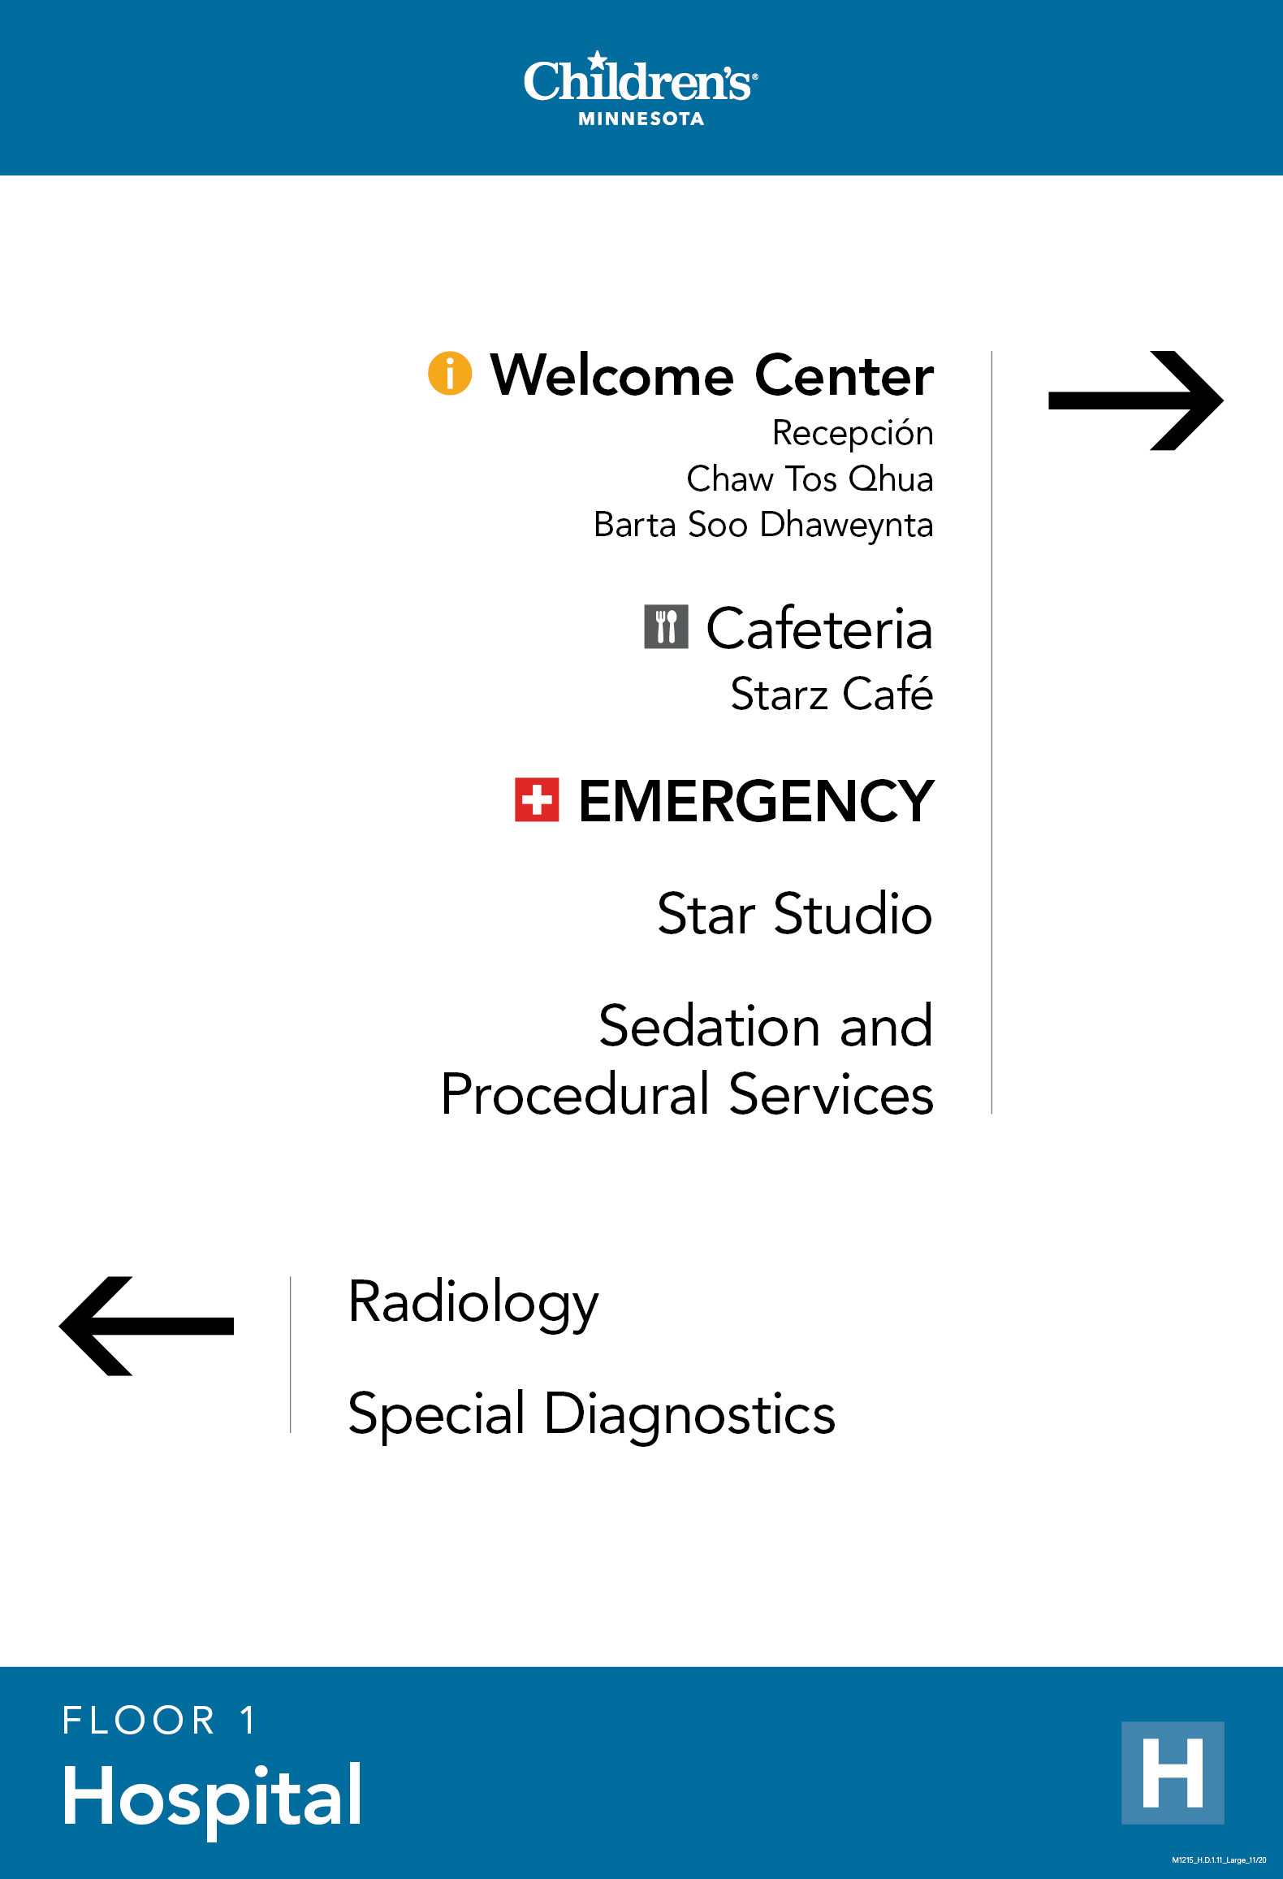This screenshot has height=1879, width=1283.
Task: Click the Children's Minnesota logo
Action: click(641, 89)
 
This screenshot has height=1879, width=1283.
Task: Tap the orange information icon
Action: click(450, 373)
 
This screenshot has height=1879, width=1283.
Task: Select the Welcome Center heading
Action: click(711, 375)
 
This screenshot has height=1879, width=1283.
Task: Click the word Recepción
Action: click(852, 433)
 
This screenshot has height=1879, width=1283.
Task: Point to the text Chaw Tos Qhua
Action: click(810, 479)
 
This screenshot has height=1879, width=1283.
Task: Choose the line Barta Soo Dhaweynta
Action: click(763, 526)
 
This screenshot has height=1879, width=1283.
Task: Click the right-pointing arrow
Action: click(1135, 400)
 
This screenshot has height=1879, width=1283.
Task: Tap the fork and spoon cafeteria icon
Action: click(666, 627)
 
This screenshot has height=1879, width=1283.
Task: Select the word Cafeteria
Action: click(819, 629)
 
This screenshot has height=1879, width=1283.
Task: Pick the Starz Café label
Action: click(832, 695)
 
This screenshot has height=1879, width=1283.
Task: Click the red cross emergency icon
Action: click(537, 800)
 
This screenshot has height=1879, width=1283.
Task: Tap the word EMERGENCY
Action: click(756, 802)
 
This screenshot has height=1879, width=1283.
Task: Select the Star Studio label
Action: click(794, 914)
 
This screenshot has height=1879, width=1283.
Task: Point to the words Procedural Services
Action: click(687, 1094)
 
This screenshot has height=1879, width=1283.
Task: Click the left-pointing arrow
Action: click(147, 1326)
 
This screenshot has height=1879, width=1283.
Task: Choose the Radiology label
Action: click(473, 1302)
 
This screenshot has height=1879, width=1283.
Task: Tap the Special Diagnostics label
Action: click(591, 1414)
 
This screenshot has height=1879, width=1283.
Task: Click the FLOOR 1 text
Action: click(159, 1721)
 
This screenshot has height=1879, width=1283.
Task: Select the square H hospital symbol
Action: click(1172, 1773)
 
